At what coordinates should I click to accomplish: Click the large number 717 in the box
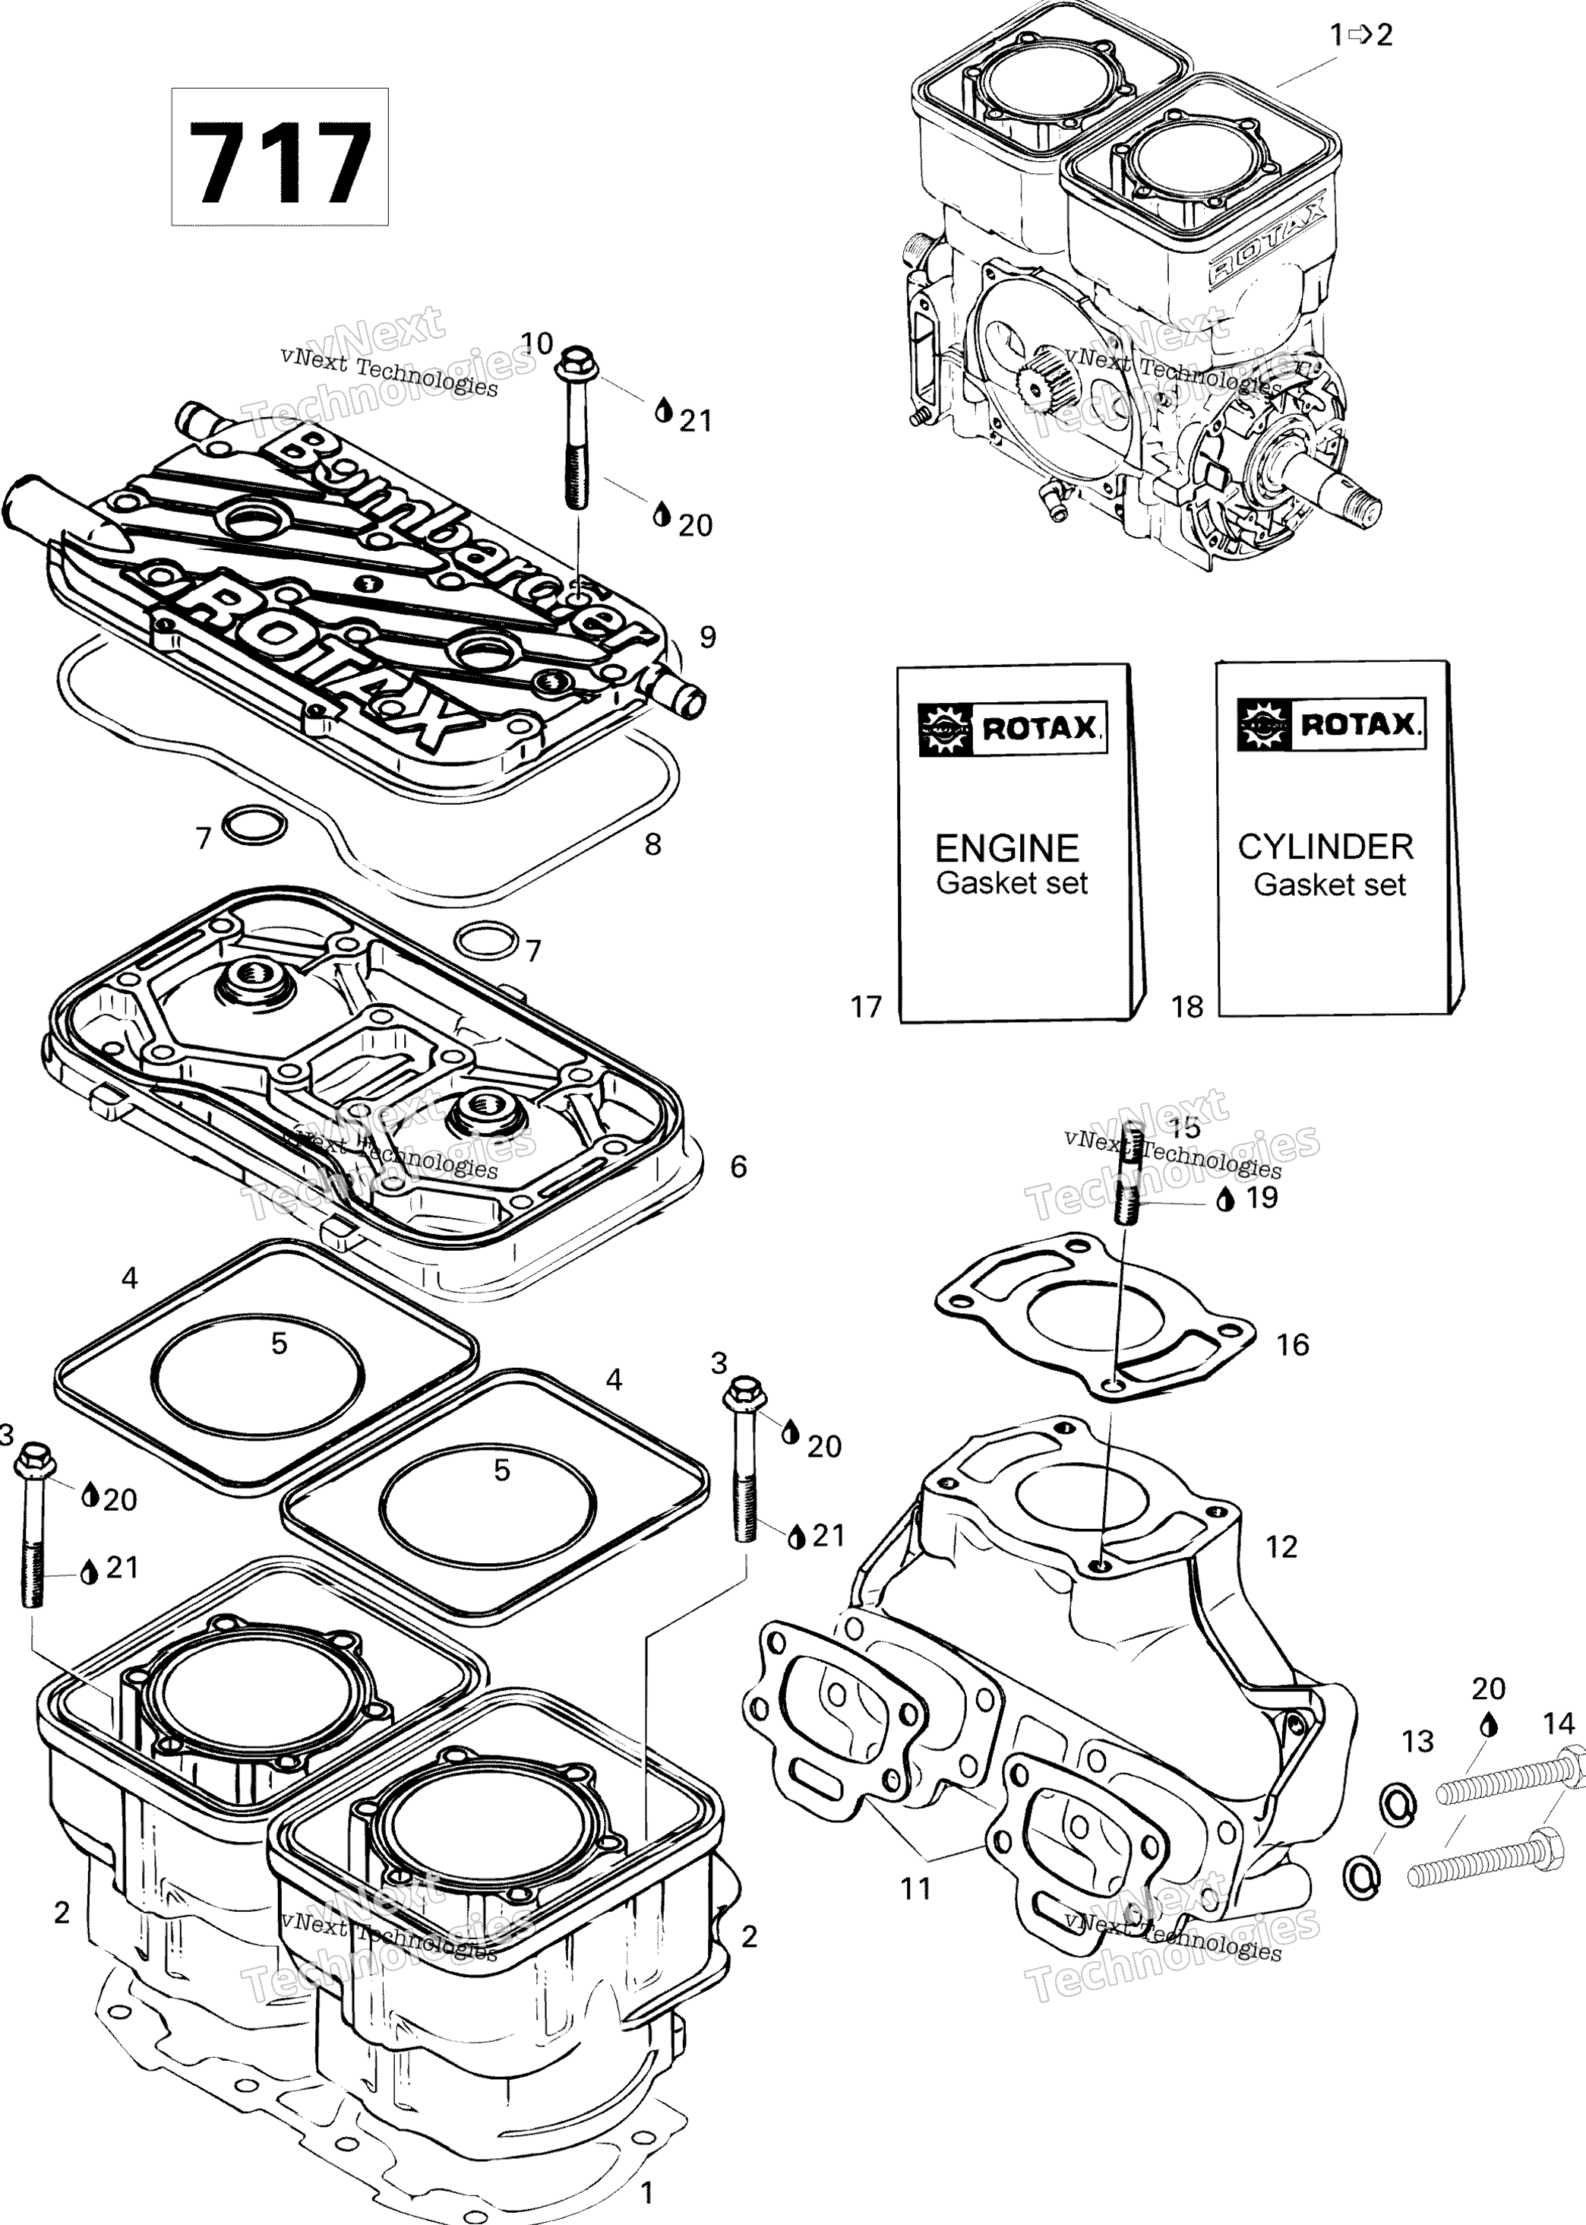coord(280,162)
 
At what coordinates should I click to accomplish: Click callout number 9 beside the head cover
coord(708,637)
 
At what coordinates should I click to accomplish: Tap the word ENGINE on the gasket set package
coord(1007,848)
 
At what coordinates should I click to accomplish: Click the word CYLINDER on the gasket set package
coord(1325,846)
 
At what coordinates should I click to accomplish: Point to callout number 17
coord(866,1007)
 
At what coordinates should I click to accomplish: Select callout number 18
coord(1187,1007)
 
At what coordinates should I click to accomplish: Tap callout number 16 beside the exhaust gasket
coord(1292,1345)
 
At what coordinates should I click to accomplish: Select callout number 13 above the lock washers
coord(1417,1740)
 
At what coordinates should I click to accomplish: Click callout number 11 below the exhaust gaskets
coord(915,1888)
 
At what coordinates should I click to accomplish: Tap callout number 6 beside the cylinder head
coord(738,1166)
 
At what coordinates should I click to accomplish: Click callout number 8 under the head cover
coord(653,844)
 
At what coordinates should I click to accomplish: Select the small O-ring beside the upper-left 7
coord(255,825)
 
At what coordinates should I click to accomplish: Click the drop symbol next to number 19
coord(1226,1199)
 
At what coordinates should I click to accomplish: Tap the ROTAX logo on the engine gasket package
coord(1013,729)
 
